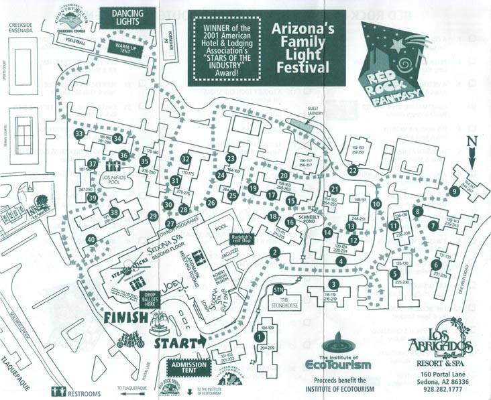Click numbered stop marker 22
click(x=353, y=171)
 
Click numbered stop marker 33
click(x=80, y=134)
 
